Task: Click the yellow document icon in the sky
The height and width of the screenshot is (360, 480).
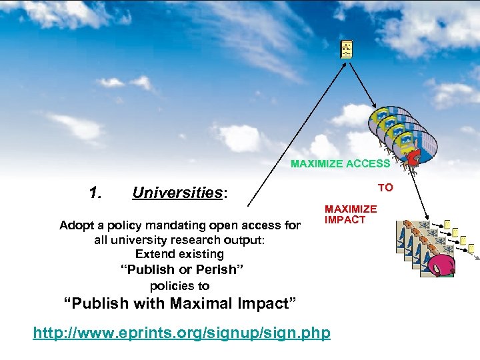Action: [x=347, y=49]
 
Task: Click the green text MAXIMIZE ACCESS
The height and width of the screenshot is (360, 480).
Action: [x=340, y=163]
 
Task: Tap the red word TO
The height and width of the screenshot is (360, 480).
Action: [x=385, y=188]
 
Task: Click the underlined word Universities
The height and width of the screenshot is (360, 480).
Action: [x=177, y=193]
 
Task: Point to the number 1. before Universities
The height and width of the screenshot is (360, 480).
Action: [x=95, y=193]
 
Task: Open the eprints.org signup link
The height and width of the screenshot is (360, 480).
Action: [x=181, y=332]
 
